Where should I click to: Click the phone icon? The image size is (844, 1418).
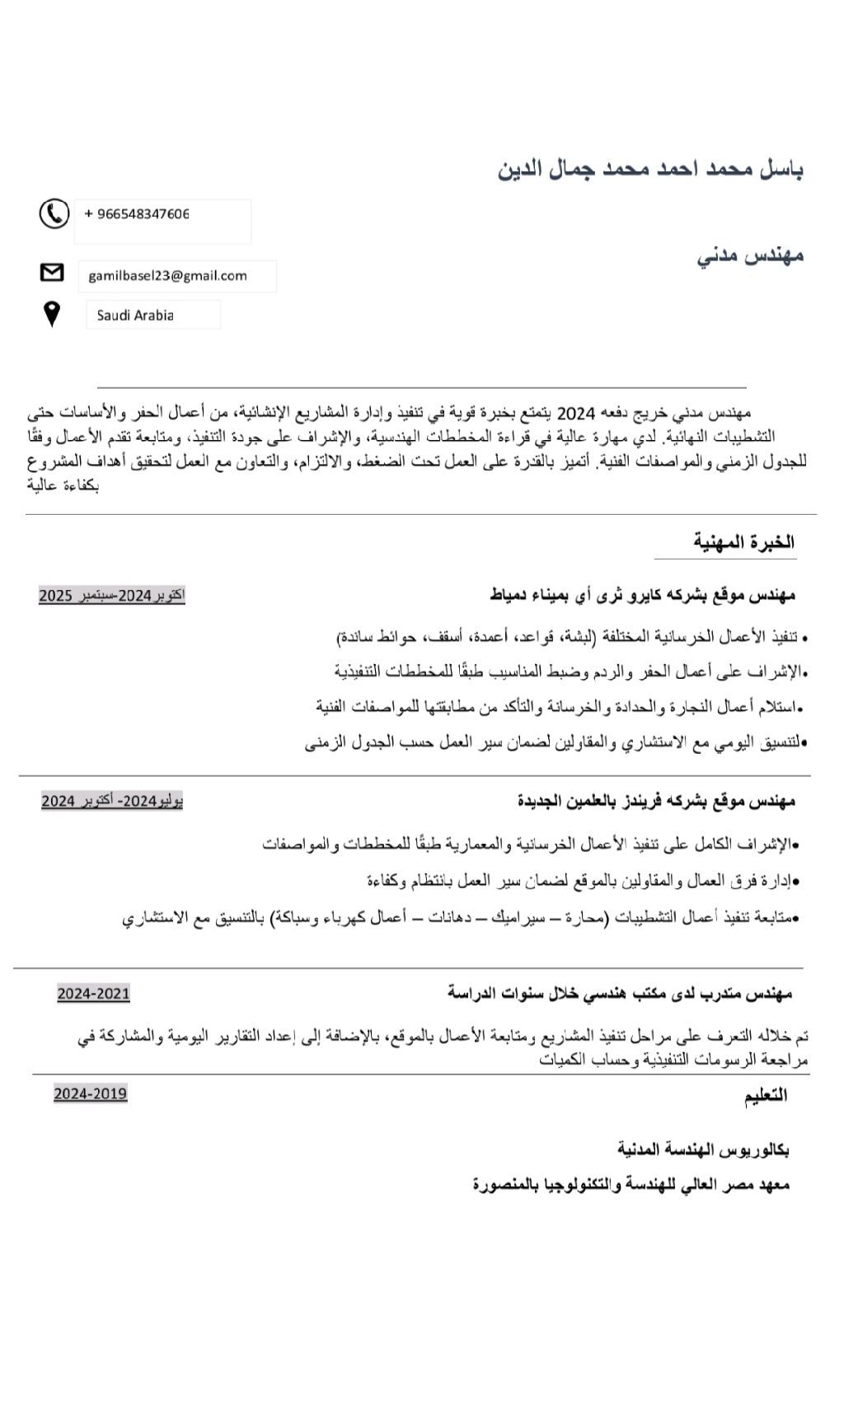[54, 213]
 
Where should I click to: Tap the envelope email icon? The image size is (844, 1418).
[52, 272]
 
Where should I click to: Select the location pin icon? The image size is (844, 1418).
[51, 314]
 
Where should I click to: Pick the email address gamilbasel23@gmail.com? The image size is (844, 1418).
[167, 276]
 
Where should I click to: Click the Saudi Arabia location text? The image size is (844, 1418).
[135, 315]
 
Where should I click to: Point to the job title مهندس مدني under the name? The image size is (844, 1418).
[750, 255]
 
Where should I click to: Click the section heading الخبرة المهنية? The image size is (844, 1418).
[743, 542]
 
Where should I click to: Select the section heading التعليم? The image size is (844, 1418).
[766, 1095]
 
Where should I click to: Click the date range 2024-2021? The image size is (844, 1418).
[93, 994]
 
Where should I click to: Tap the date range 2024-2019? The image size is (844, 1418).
[91, 1093]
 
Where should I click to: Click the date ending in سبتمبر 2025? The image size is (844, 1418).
[112, 595]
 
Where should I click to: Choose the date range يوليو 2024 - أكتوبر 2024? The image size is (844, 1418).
[112, 801]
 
